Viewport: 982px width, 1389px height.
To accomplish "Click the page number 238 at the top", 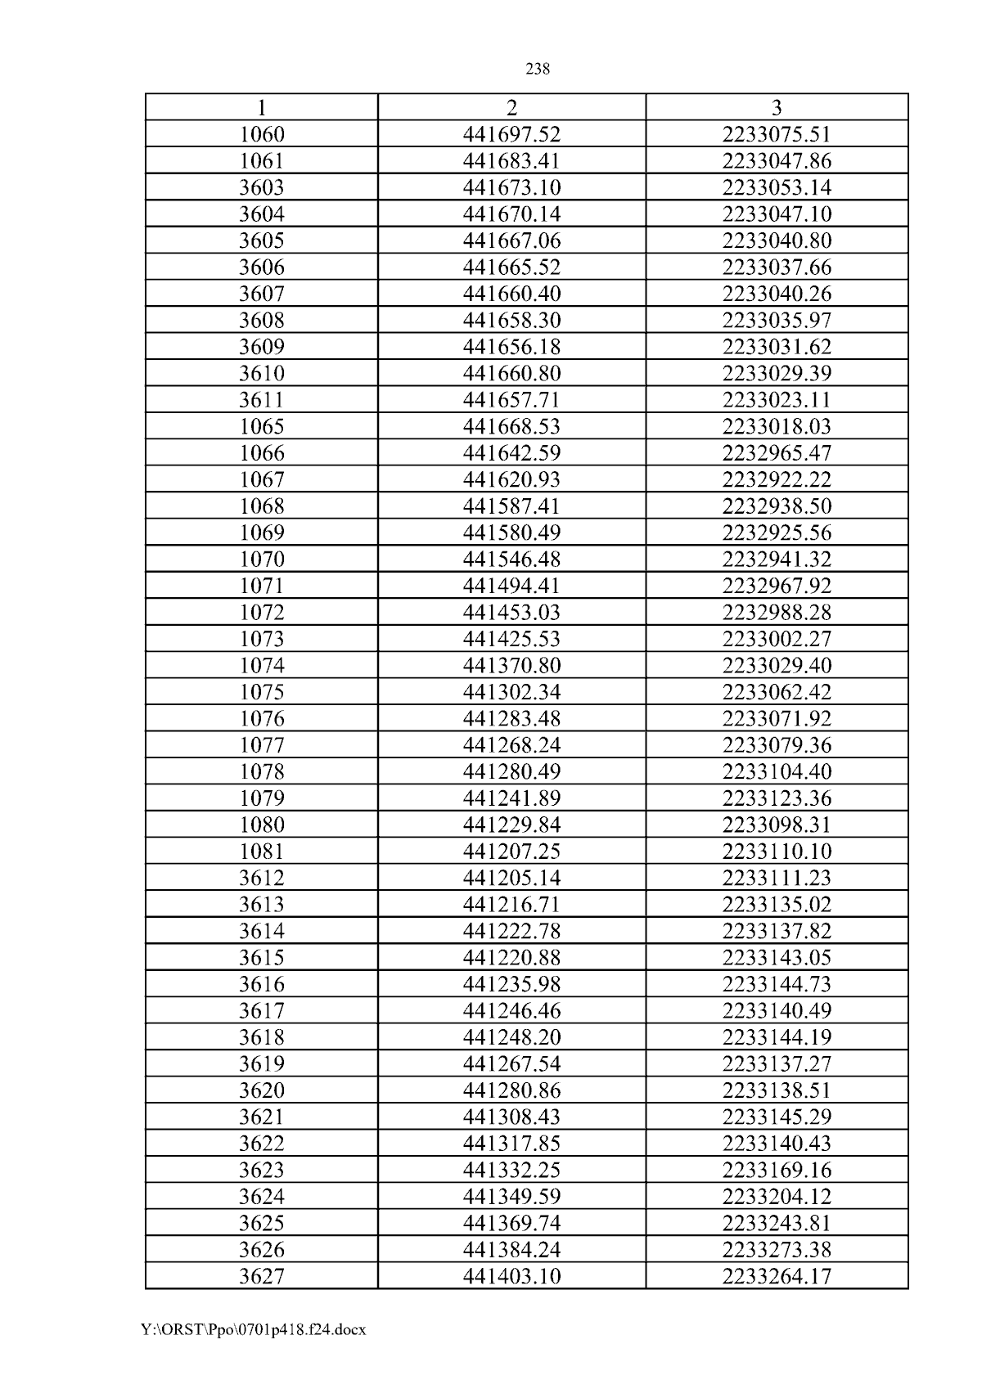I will click(537, 70).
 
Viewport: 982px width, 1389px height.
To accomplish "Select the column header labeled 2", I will click(511, 107).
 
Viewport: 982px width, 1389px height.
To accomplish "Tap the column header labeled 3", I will click(776, 107).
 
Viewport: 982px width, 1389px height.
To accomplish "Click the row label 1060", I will click(262, 134).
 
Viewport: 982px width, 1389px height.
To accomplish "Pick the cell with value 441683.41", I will click(511, 160).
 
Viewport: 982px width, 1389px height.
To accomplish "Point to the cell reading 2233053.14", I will click(776, 187).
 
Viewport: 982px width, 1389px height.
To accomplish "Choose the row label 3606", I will click(262, 267).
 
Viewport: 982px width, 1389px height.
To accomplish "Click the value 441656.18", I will click(511, 346).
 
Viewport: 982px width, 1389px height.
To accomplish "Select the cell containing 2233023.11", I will click(776, 399).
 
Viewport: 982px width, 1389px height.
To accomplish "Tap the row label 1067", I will click(262, 479).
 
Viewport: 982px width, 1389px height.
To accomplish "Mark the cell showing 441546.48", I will click(511, 559).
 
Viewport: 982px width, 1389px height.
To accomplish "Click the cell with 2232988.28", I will click(776, 612).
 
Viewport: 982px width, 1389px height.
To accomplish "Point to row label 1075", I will click(262, 692).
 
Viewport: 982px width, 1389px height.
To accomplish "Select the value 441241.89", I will click(511, 798).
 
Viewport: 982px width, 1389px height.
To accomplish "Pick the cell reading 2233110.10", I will click(776, 851).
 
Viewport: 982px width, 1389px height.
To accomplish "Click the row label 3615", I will click(262, 957).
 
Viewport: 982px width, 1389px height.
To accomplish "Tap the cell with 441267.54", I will click(511, 1063).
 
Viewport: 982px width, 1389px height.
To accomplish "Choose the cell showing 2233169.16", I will click(776, 1170).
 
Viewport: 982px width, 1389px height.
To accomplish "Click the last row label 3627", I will click(262, 1276).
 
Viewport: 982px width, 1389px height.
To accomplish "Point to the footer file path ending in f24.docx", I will click(253, 1329).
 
